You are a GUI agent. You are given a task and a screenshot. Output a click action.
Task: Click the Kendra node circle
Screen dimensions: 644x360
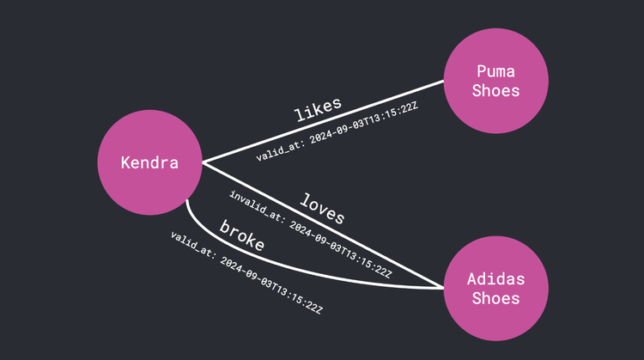point(150,162)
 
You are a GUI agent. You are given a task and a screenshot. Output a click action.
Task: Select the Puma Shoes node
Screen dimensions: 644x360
point(496,81)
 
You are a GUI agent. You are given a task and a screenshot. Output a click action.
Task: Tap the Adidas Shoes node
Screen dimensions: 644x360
point(496,288)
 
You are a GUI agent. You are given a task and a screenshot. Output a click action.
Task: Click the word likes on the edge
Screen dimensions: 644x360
point(318,109)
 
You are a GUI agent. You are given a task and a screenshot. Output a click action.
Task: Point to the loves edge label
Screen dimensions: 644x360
point(322,209)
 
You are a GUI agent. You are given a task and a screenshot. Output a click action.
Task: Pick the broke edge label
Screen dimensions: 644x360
point(242,235)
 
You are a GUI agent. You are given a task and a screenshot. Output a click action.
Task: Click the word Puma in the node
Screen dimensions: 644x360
point(495,71)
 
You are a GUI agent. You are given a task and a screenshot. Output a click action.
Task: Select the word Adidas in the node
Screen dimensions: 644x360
point(495,279)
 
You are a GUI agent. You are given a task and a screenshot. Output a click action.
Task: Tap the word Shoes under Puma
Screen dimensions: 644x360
point(495,90)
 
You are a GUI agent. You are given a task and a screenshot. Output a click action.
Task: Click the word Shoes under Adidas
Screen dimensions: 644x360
point(495,298)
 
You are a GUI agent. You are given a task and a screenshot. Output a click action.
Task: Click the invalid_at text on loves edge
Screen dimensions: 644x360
point(257,207)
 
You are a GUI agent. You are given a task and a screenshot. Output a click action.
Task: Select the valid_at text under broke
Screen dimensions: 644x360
point(192,246)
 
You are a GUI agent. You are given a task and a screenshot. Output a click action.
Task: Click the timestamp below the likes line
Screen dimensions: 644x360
point(363,123)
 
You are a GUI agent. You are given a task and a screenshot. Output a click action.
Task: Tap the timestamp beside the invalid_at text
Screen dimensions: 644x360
point(341,249)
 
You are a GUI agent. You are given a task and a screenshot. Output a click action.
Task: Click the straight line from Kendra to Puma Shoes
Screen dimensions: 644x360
point(323,122)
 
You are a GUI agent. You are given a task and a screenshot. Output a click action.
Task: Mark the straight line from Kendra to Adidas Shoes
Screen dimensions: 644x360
point(323,225)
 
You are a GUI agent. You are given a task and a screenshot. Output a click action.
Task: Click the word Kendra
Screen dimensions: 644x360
point(149,162)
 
